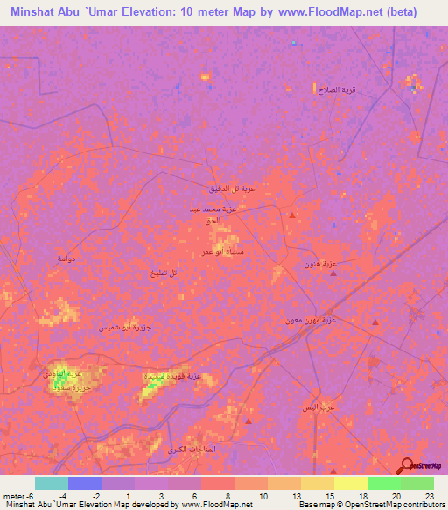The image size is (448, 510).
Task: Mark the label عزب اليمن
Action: [x=329, y=407]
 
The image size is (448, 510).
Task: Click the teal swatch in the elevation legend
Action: [x=52, y=483]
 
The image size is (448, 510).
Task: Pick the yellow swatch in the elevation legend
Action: [x=351, y=483]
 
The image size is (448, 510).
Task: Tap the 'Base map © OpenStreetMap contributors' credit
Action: [x=370, y=504]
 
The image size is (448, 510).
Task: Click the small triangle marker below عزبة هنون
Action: [x=333, y=273]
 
